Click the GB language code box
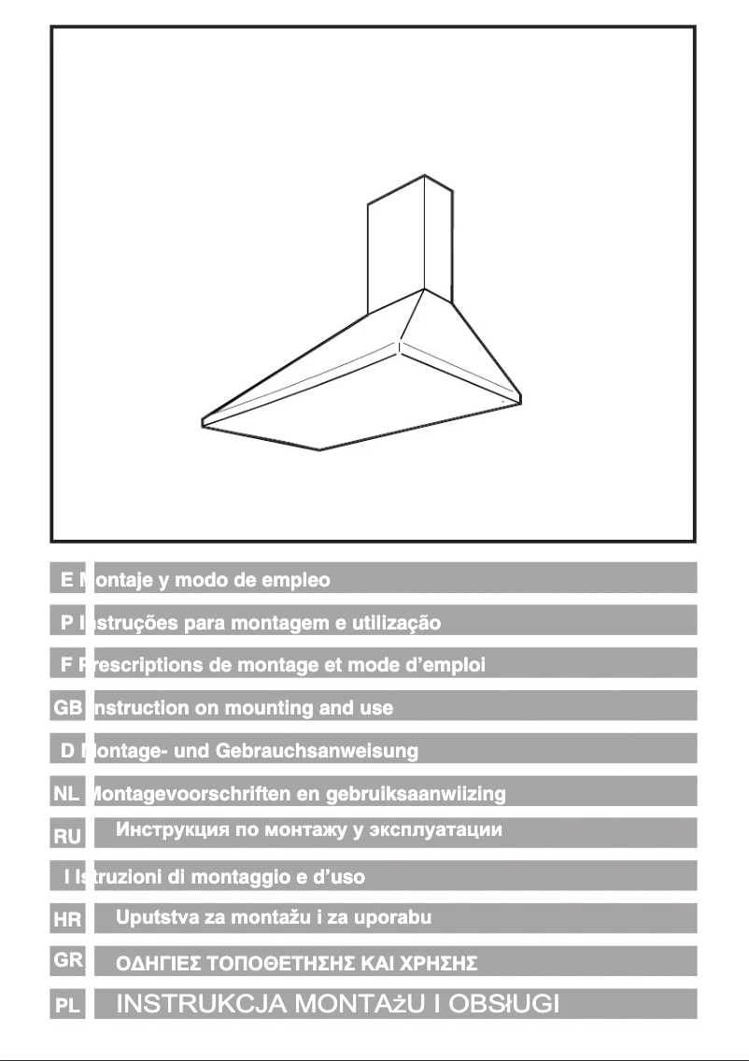tap(68, 707)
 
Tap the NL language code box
tap(68, 793)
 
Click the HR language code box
tap(68, 920)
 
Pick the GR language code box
tap(68, 959)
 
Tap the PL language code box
tap(68, 1006)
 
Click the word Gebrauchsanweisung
tap(317, 751)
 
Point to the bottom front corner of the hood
tap(320, 449)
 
